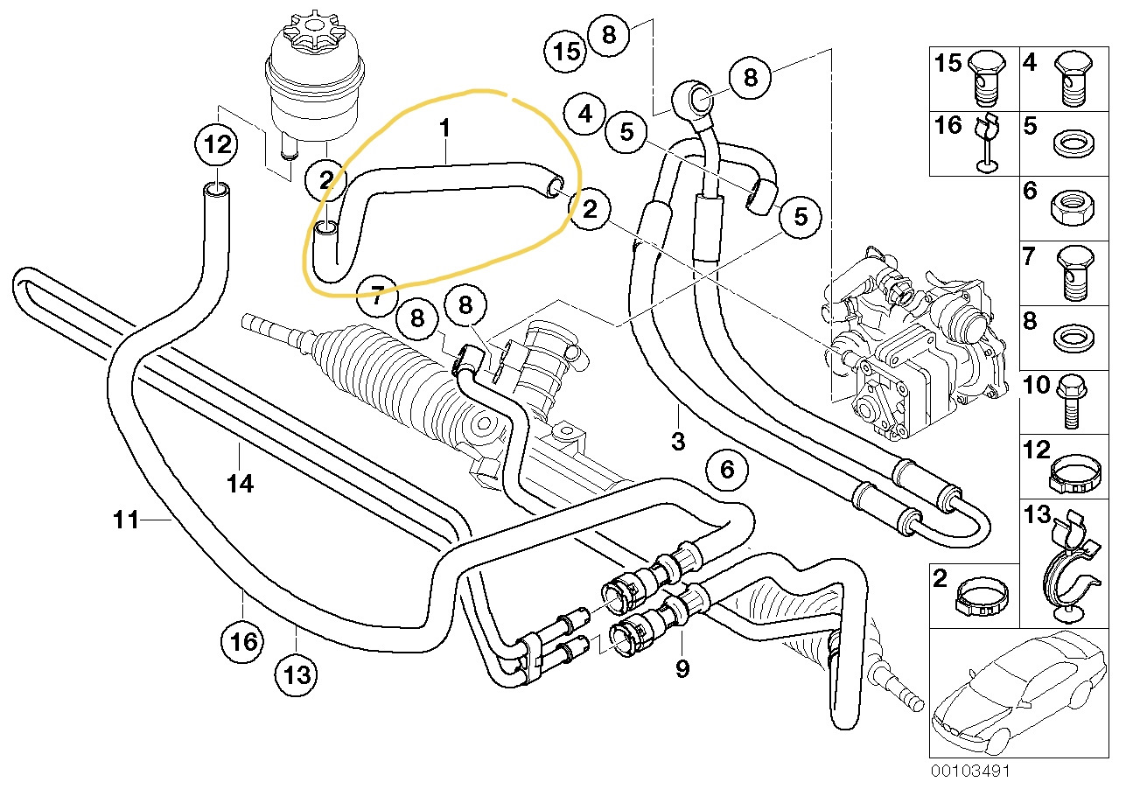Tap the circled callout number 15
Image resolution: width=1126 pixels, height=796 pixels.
pos(567,51)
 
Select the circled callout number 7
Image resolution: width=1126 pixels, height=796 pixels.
pos(377,294)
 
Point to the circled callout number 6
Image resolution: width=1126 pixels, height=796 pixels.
pos(727,471)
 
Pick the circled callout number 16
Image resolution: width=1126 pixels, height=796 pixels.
pos(242,642)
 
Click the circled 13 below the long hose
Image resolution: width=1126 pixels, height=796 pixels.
pos(296,674)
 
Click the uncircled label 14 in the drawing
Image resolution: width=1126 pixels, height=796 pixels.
pos(241,482)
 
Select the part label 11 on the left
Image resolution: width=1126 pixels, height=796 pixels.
pos(126,521)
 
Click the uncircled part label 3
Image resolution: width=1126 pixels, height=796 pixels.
pos(678,441)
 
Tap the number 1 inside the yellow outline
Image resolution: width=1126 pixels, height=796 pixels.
pos(444,129)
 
